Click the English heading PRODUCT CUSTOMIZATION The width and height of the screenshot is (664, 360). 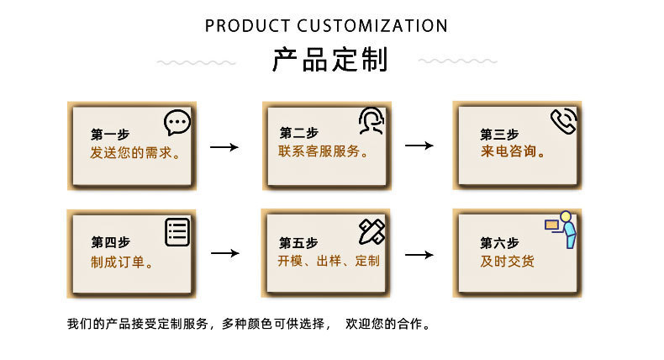click(326, 25)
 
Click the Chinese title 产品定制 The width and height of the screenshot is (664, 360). click(329, 61)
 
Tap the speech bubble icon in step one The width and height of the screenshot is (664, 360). click(177, 123)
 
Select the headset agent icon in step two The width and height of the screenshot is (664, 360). click(372, 121)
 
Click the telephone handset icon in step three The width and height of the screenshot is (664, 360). click(563, 121)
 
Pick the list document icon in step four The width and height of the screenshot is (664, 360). click(177, 231)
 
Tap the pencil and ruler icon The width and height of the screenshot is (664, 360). click(372, 230)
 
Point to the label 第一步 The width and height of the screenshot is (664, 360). click(110, 135)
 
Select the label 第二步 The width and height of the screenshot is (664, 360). click(298, 133)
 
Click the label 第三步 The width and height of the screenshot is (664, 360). click(499, 135)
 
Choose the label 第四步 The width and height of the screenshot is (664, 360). click(110, 242)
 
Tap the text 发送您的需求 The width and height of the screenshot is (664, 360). click(135, 153)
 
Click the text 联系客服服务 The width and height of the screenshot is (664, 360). click(324, 151)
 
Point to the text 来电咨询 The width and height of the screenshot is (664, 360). click(513, 153)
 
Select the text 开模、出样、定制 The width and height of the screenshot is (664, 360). click(329, 261)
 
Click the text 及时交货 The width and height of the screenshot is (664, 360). click(507, 261)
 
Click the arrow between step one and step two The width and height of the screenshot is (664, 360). click(224, 147)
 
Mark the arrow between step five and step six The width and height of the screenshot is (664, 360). click(419, 254)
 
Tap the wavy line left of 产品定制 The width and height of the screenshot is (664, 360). click(197, 62)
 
